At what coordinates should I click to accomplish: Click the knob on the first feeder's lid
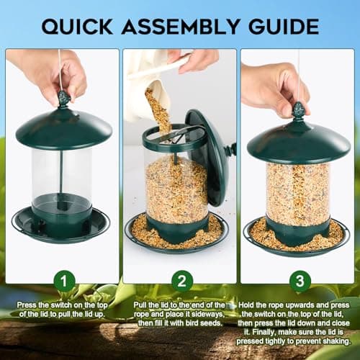coord(63,98)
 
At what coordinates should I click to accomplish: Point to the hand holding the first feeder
coord(50,72)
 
